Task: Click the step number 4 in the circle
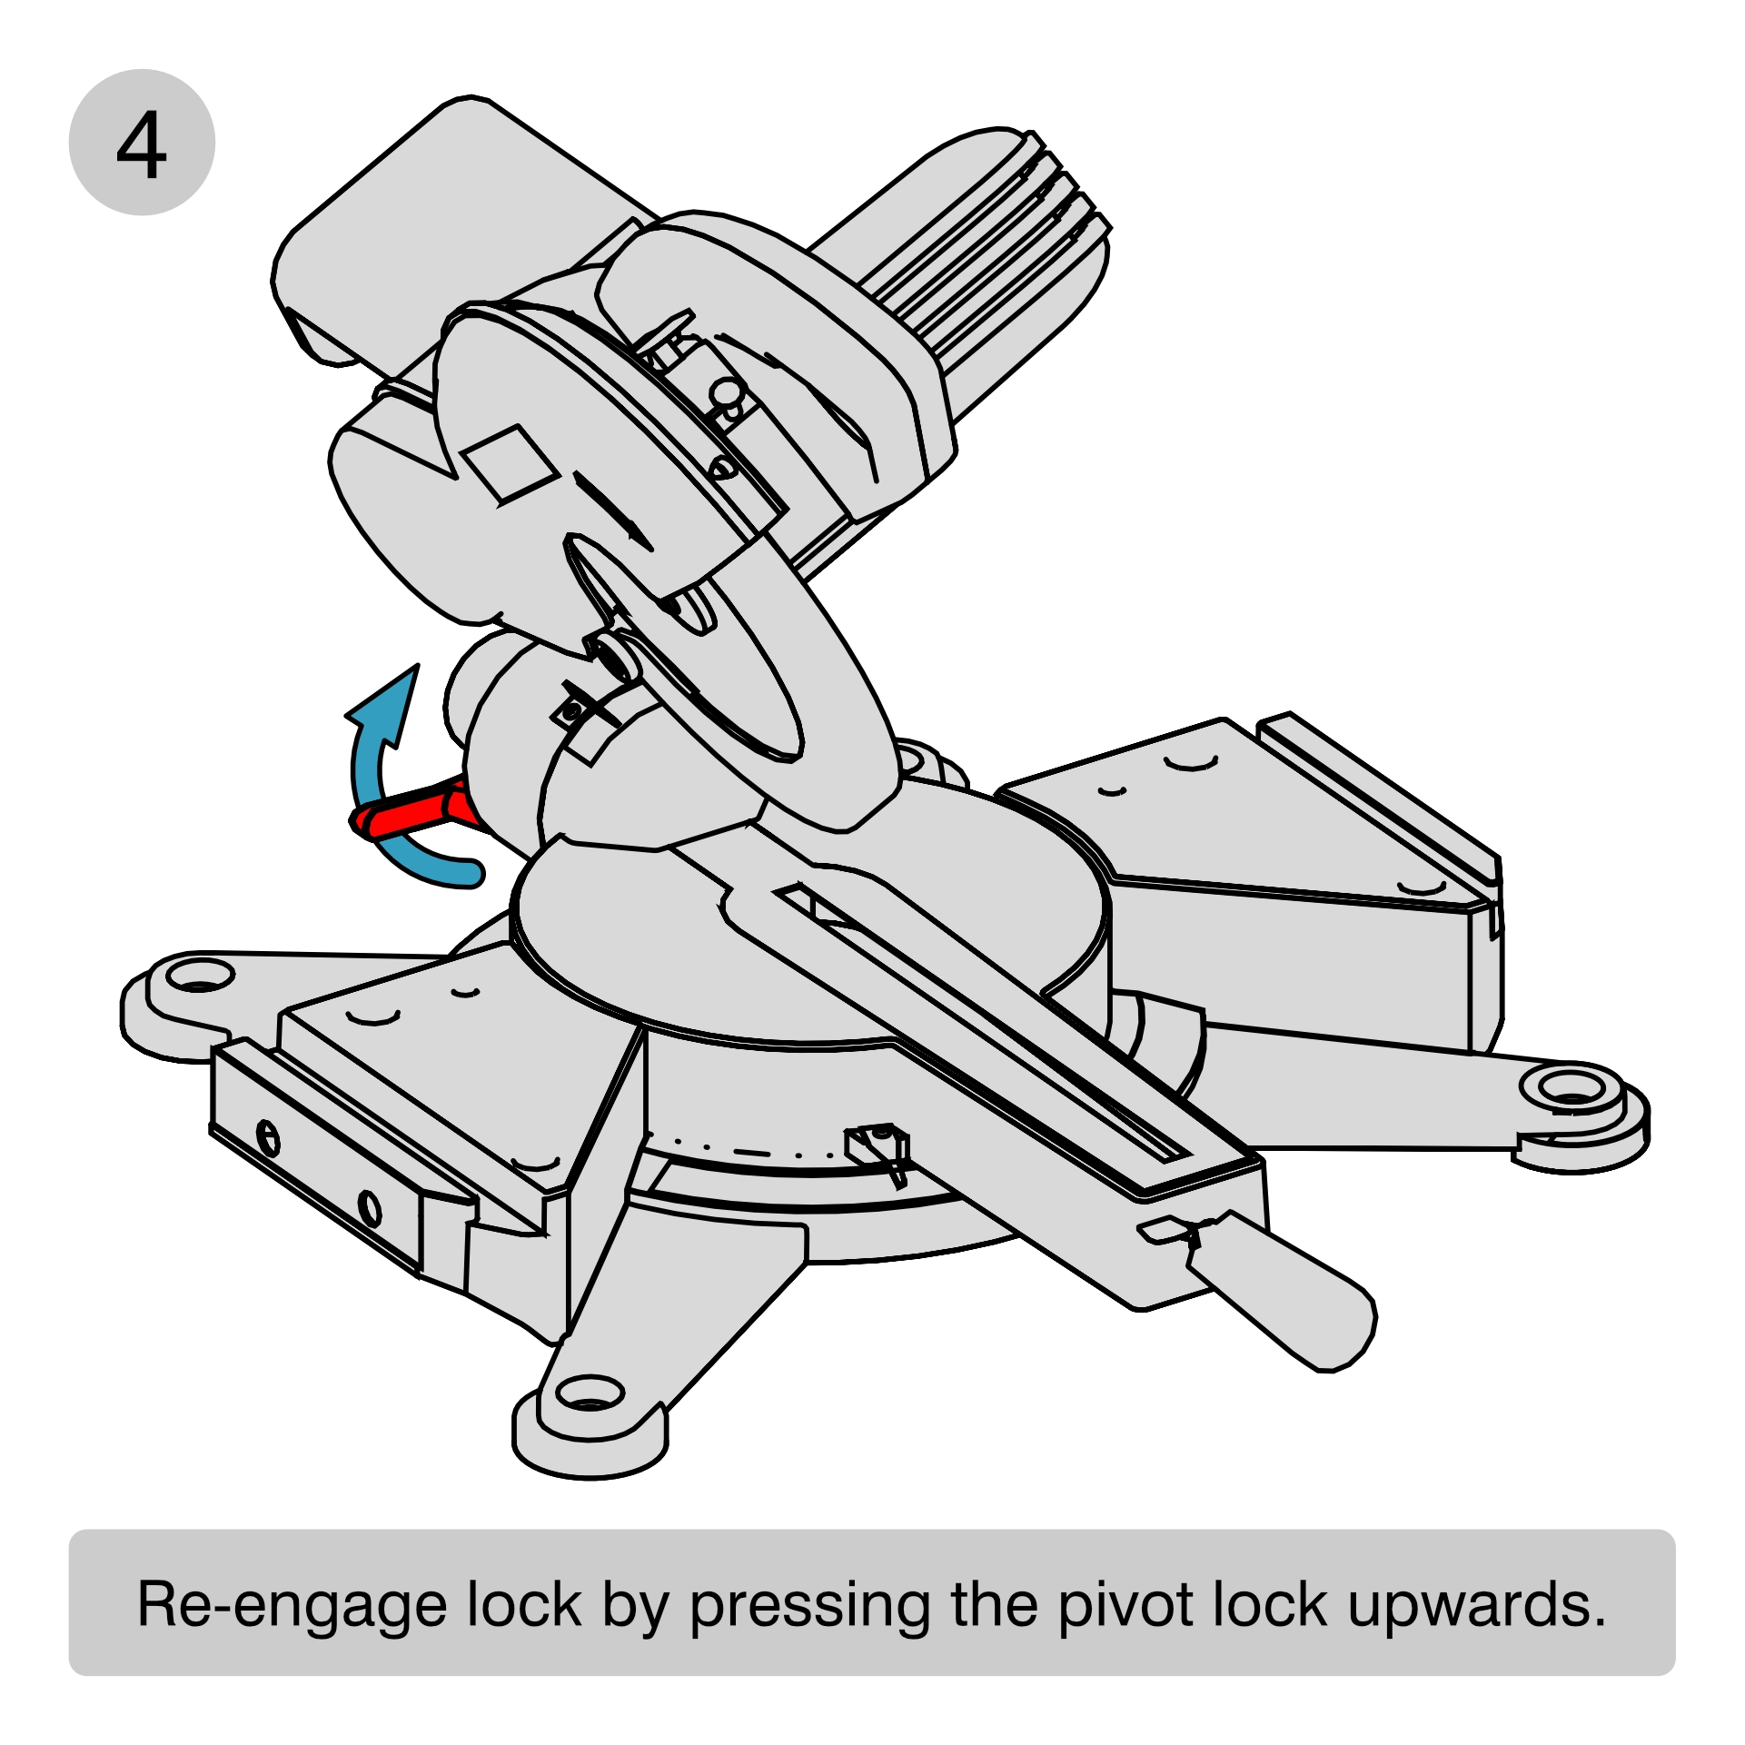142,144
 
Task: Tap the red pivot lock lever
413,809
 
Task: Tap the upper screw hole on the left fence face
269,1137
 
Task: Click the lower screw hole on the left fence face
369,1207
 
